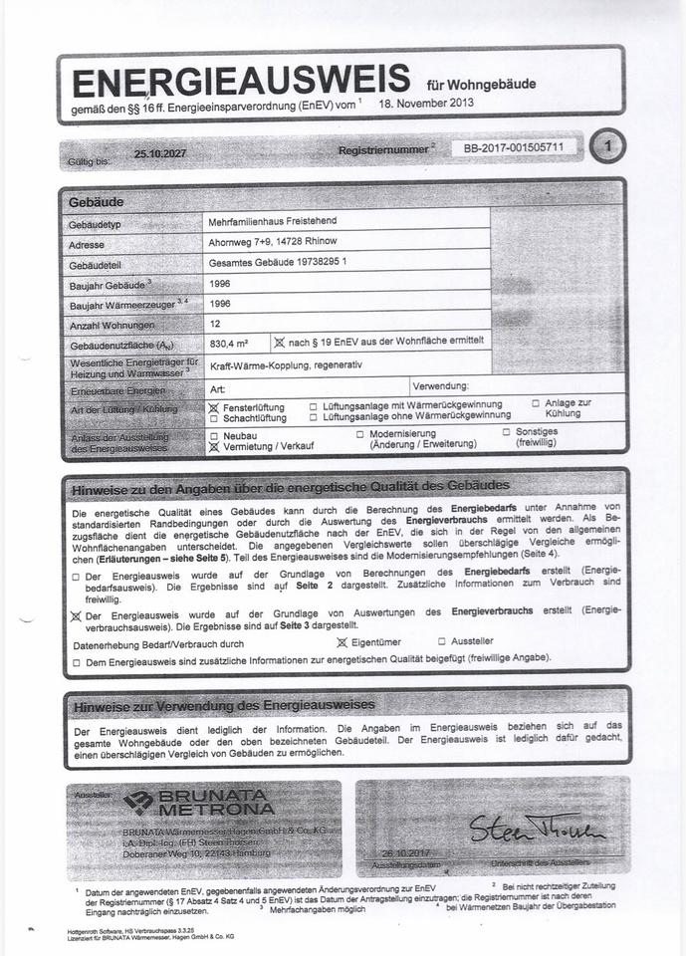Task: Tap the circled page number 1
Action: [x=608, y=147]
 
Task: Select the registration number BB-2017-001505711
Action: [x=514, y=147]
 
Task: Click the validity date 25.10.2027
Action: [x=160, y=154]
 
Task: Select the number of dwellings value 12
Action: [x=215, y=325]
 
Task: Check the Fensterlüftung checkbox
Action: [x=213, y=406]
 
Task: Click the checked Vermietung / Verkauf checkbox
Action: [x=213, y=447]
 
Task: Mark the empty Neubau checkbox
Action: [x=213, y=435]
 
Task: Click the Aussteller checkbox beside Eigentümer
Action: [x=442, y=642]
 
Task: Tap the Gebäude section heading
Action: [x=96, y=202]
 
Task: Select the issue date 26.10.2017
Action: [x=404, y=852]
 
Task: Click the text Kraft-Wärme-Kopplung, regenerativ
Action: [x=286, y=365]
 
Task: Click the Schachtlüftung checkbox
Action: [x=213, y=417]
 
